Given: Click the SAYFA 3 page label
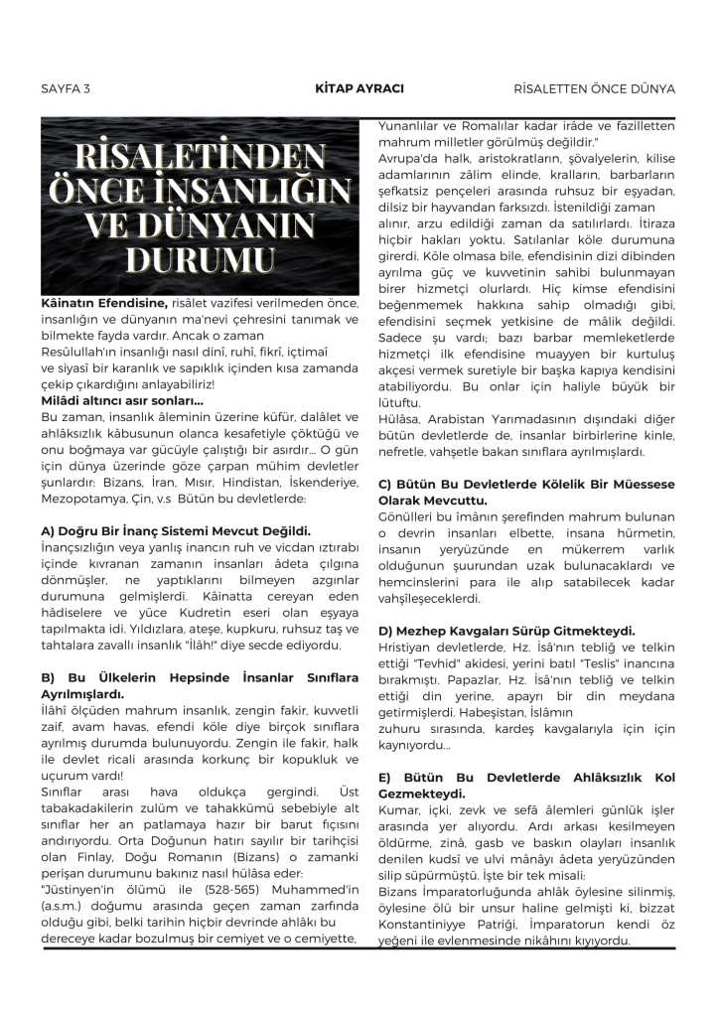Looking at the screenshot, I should (66, 88).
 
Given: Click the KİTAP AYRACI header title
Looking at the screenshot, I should (359, 88).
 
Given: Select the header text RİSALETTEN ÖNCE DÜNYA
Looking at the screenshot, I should (595, 88).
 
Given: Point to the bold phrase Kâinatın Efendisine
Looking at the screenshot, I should (104, 301).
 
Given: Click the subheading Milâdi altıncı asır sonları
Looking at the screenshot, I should (122, 399).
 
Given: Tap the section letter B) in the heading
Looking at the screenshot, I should (49, 677).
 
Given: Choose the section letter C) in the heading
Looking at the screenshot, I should (386, 484).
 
